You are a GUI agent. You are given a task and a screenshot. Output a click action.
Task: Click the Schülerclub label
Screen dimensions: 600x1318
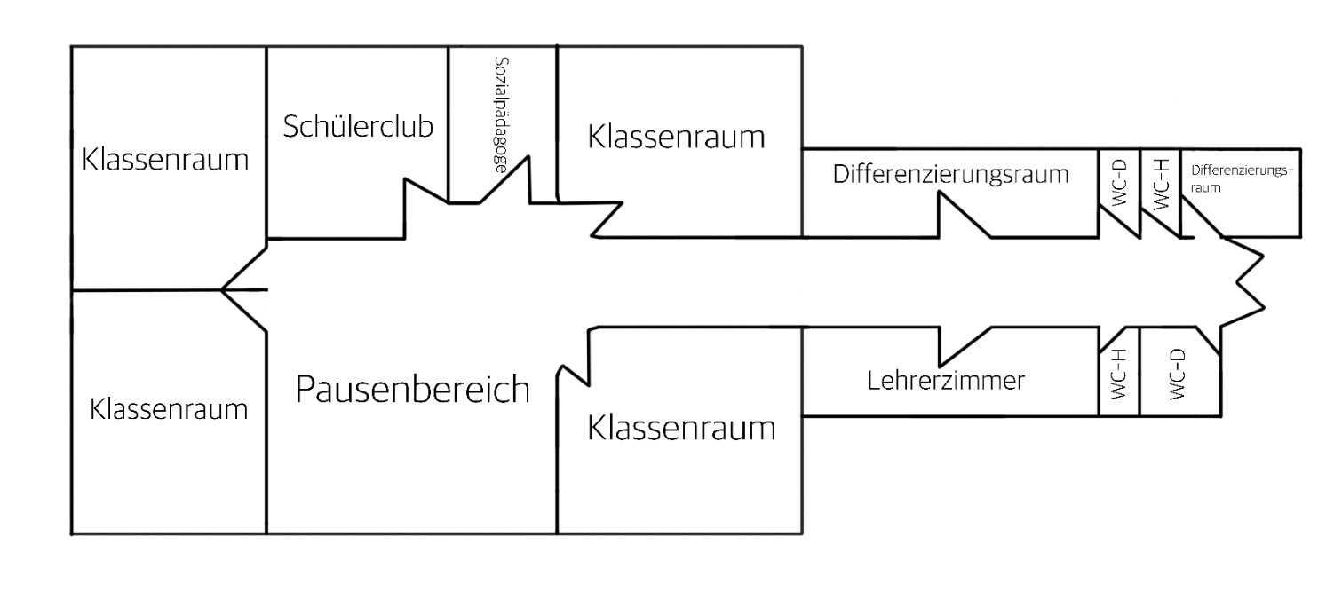coord(358,127)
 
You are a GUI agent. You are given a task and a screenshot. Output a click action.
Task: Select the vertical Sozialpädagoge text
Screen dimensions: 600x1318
coord(501,114)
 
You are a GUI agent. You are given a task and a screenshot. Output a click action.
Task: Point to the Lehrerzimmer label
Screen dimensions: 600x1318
coord(946,382)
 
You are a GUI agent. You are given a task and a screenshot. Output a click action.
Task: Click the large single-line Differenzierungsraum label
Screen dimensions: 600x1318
coord(950,174)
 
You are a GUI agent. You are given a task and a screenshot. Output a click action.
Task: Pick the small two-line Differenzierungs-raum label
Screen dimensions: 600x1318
coord(1240,178)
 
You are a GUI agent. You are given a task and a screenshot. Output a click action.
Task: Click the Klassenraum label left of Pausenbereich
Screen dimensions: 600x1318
coord(169,409)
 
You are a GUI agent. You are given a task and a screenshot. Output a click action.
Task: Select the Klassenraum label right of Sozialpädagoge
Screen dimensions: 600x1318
coord(676,138)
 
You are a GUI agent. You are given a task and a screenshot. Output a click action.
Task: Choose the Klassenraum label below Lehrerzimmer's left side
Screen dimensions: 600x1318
coord(681,429)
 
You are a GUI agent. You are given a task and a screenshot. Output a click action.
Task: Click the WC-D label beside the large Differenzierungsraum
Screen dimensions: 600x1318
coord(1118,183)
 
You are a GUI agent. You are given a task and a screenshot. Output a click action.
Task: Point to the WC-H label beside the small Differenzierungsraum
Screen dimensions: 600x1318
coord(1159,183)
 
